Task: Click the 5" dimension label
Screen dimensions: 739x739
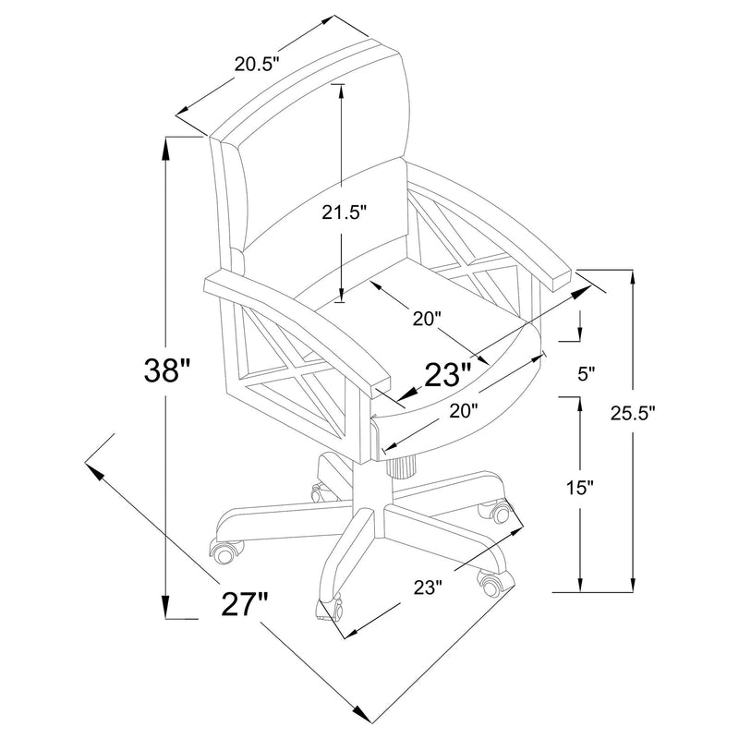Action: pos(586,374)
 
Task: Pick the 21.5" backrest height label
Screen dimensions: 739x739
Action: pos(345,212)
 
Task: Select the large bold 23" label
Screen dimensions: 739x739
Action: pos(449,374)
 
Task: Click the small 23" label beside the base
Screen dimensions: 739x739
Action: pos(429,586)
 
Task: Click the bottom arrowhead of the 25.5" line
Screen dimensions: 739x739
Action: pos(633,584)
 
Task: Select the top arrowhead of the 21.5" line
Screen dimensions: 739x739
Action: pos(342,90)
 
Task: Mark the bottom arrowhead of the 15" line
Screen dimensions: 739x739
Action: pos(579,584)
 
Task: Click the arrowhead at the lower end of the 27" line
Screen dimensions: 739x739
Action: pos(361,714)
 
